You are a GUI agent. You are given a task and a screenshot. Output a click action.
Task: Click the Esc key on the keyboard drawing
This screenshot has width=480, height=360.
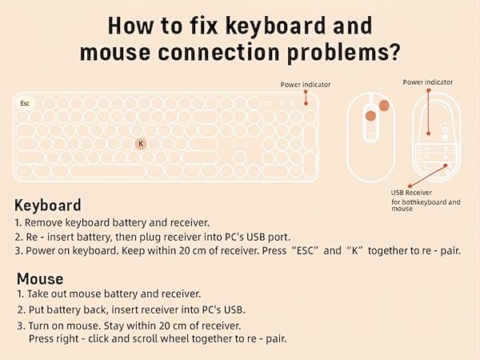pos(25,103)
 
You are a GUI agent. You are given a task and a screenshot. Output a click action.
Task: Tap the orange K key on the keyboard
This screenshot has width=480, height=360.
pos(141,143)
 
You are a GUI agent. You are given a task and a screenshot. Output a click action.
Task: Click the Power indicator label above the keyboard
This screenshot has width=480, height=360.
pos(305,84)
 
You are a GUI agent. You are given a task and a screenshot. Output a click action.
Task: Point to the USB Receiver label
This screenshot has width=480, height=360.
pos(411,193)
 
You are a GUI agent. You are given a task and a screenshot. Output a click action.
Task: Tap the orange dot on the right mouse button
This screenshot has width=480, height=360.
pos(385,105)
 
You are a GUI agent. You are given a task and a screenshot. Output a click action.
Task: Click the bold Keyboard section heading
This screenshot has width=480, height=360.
pos(47,205)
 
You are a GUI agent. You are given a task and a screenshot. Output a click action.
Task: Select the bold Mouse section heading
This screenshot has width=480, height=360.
pos(39,278)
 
